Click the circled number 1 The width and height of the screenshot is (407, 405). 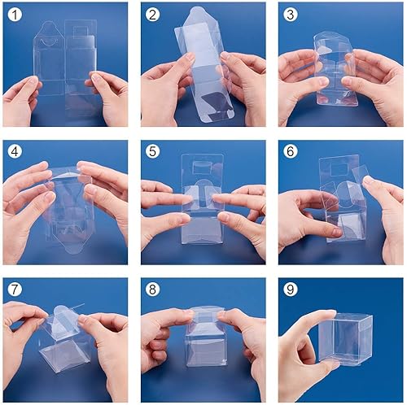[x=15, y=14]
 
